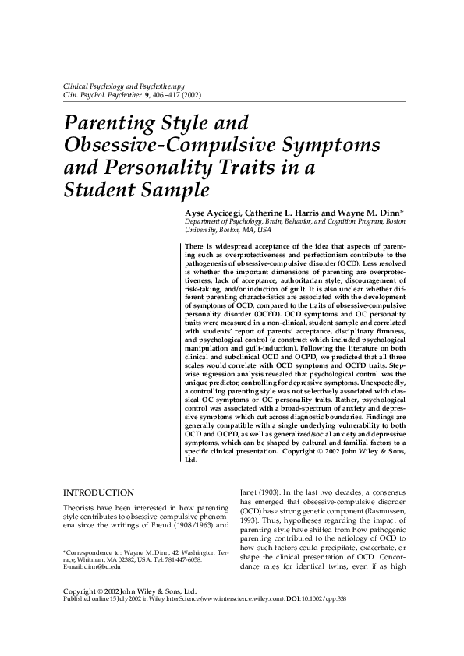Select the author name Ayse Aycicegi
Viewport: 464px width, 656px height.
tap(214, 212)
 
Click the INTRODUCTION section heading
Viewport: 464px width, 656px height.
tap(98, 493)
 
